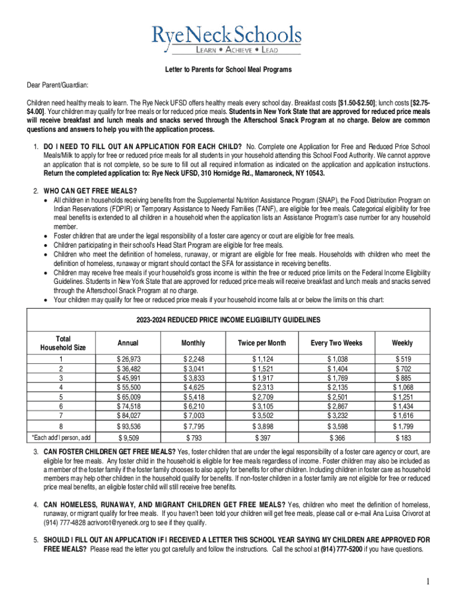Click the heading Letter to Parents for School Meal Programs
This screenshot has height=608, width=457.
228,70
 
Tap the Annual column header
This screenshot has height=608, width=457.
128,343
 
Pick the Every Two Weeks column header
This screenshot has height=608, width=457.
337,343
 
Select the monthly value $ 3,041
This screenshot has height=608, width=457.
193,369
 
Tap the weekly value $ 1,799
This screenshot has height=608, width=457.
402,426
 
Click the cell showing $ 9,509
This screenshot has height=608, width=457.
128,438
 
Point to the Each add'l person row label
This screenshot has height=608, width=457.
61,438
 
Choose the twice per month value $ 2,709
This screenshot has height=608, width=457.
262,397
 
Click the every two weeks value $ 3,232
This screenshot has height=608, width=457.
337,416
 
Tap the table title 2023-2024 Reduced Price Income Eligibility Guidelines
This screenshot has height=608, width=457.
228,319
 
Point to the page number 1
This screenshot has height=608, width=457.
427,581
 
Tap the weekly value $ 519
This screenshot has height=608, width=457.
402,359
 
